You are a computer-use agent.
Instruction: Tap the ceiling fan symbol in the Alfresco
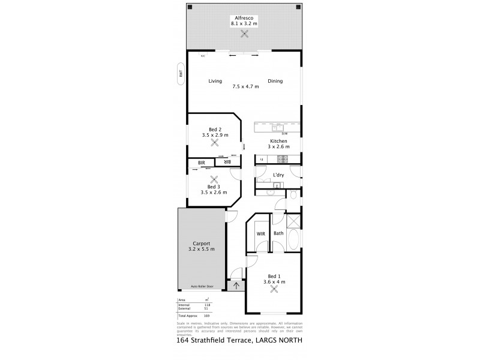(x=244, y=34)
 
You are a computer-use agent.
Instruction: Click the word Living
(x=215, y=81)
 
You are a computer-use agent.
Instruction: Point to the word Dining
(x=275, y=81)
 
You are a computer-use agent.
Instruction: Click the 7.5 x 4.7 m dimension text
(x=245, y=86)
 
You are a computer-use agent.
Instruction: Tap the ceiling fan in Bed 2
(x=215, y=143)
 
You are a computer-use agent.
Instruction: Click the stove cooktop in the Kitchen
(x=282, y=159)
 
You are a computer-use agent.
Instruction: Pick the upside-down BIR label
(x=227, y=162)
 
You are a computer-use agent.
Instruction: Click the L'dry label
(x=278, y=175)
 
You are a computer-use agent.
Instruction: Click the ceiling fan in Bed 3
(x=215, y=179)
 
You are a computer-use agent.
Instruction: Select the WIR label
(x=260, y=233)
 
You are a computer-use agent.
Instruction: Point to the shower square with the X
(x=293, y=220)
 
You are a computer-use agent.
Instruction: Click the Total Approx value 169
(x=208, y=314)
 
